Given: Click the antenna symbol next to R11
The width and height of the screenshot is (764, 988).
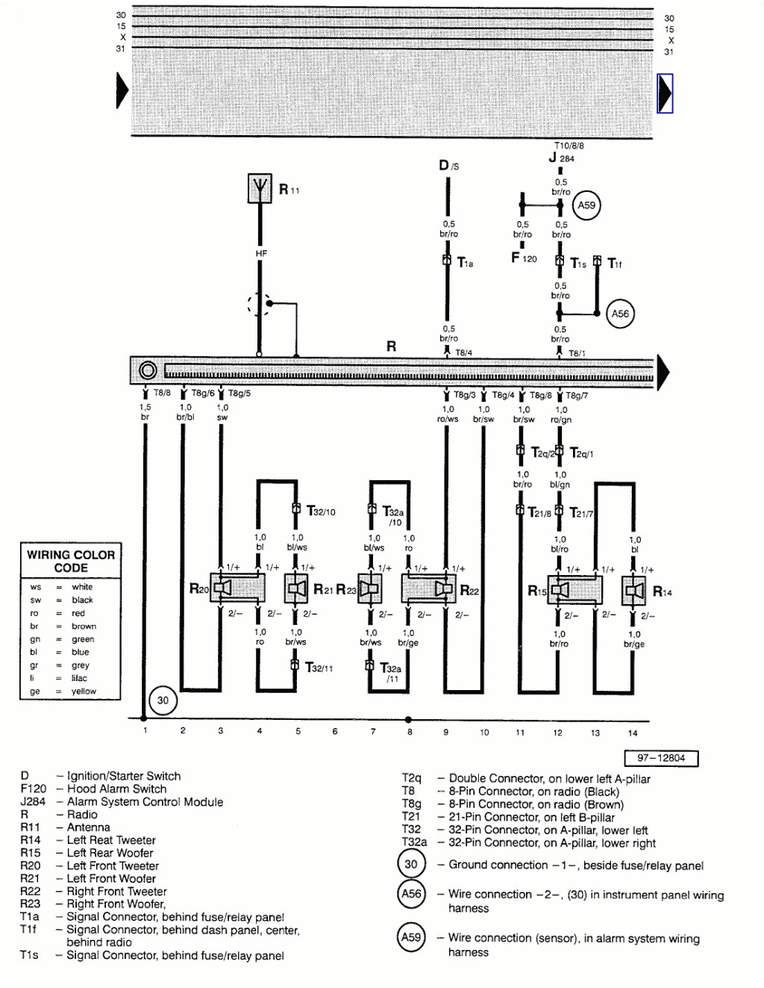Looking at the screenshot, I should [x=260, y=187].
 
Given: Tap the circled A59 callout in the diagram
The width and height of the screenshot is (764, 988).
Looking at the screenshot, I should [x=586, y=205].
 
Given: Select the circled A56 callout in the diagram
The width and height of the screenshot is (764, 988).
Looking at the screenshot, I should [x=620, y=314].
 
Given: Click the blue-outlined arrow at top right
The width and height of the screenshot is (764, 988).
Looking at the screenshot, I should [x=665, y=93].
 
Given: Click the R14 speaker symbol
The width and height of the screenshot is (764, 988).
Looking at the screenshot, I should [x=634, y=591].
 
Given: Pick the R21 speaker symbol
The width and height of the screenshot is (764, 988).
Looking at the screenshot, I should [x=297, y=589].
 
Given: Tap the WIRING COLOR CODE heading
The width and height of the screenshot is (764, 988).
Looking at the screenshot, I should [x=71, y=561].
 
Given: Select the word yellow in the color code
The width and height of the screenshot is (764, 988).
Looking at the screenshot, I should [x=84, y=692].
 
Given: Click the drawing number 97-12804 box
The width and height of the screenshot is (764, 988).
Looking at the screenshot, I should [x=660, y=758].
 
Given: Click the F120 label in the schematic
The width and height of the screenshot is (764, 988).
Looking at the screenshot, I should [x=524, y=258].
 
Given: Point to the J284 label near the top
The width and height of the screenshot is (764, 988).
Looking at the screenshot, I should [x=562, y=158].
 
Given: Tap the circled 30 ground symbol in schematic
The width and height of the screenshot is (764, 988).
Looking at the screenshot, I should [x=163, y=700].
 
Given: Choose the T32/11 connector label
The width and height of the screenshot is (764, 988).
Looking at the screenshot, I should [x=319, y=668].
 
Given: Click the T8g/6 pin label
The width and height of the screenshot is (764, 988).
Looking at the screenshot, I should [x=202, y=393].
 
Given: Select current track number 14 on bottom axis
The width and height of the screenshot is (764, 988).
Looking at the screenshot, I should [x=633, y=733].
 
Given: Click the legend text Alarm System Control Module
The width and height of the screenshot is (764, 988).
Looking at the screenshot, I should [x=145, y=802].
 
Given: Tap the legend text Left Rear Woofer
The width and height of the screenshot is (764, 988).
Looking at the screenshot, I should [x=110, y=853].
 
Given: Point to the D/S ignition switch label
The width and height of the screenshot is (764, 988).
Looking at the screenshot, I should [x=448, y=165].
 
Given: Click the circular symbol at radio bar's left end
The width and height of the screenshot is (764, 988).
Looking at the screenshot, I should [x=148, y=370].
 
